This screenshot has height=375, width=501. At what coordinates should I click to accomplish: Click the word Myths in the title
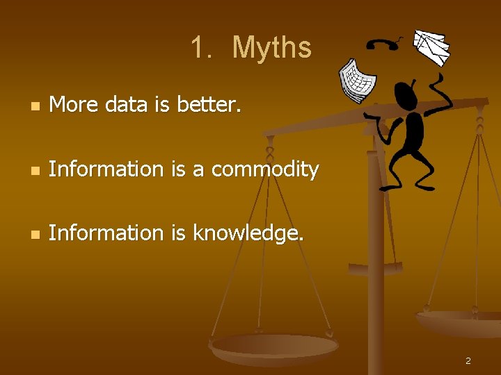tap(272, 48)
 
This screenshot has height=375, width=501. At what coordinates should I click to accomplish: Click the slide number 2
tap(468, 360)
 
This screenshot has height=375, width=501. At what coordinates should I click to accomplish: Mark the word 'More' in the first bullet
tap(74, 105)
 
